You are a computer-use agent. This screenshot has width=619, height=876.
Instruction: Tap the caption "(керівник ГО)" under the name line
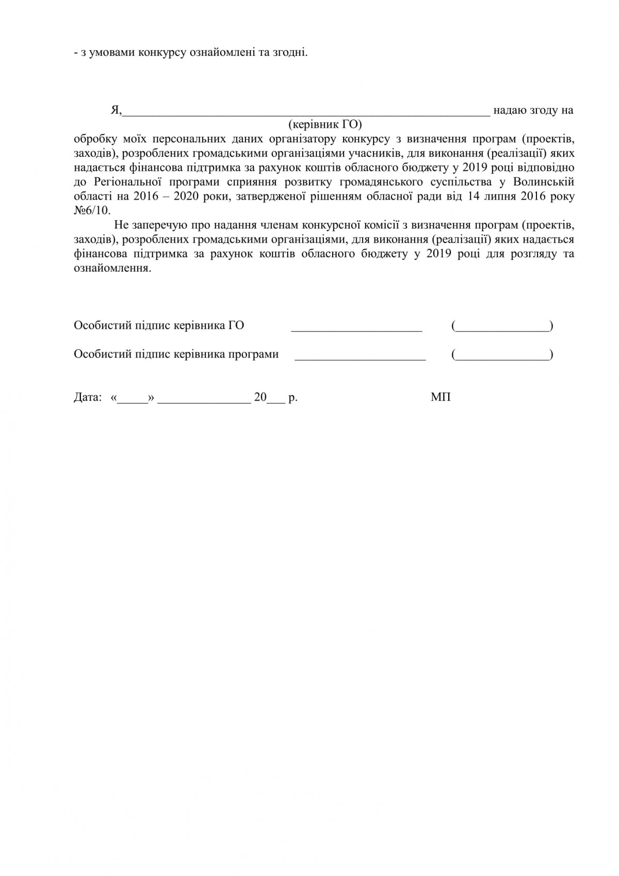coord(325,124)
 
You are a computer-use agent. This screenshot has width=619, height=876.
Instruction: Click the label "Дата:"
coord(88,398)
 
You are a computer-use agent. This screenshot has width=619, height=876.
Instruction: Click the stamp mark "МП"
coord(441,398)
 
